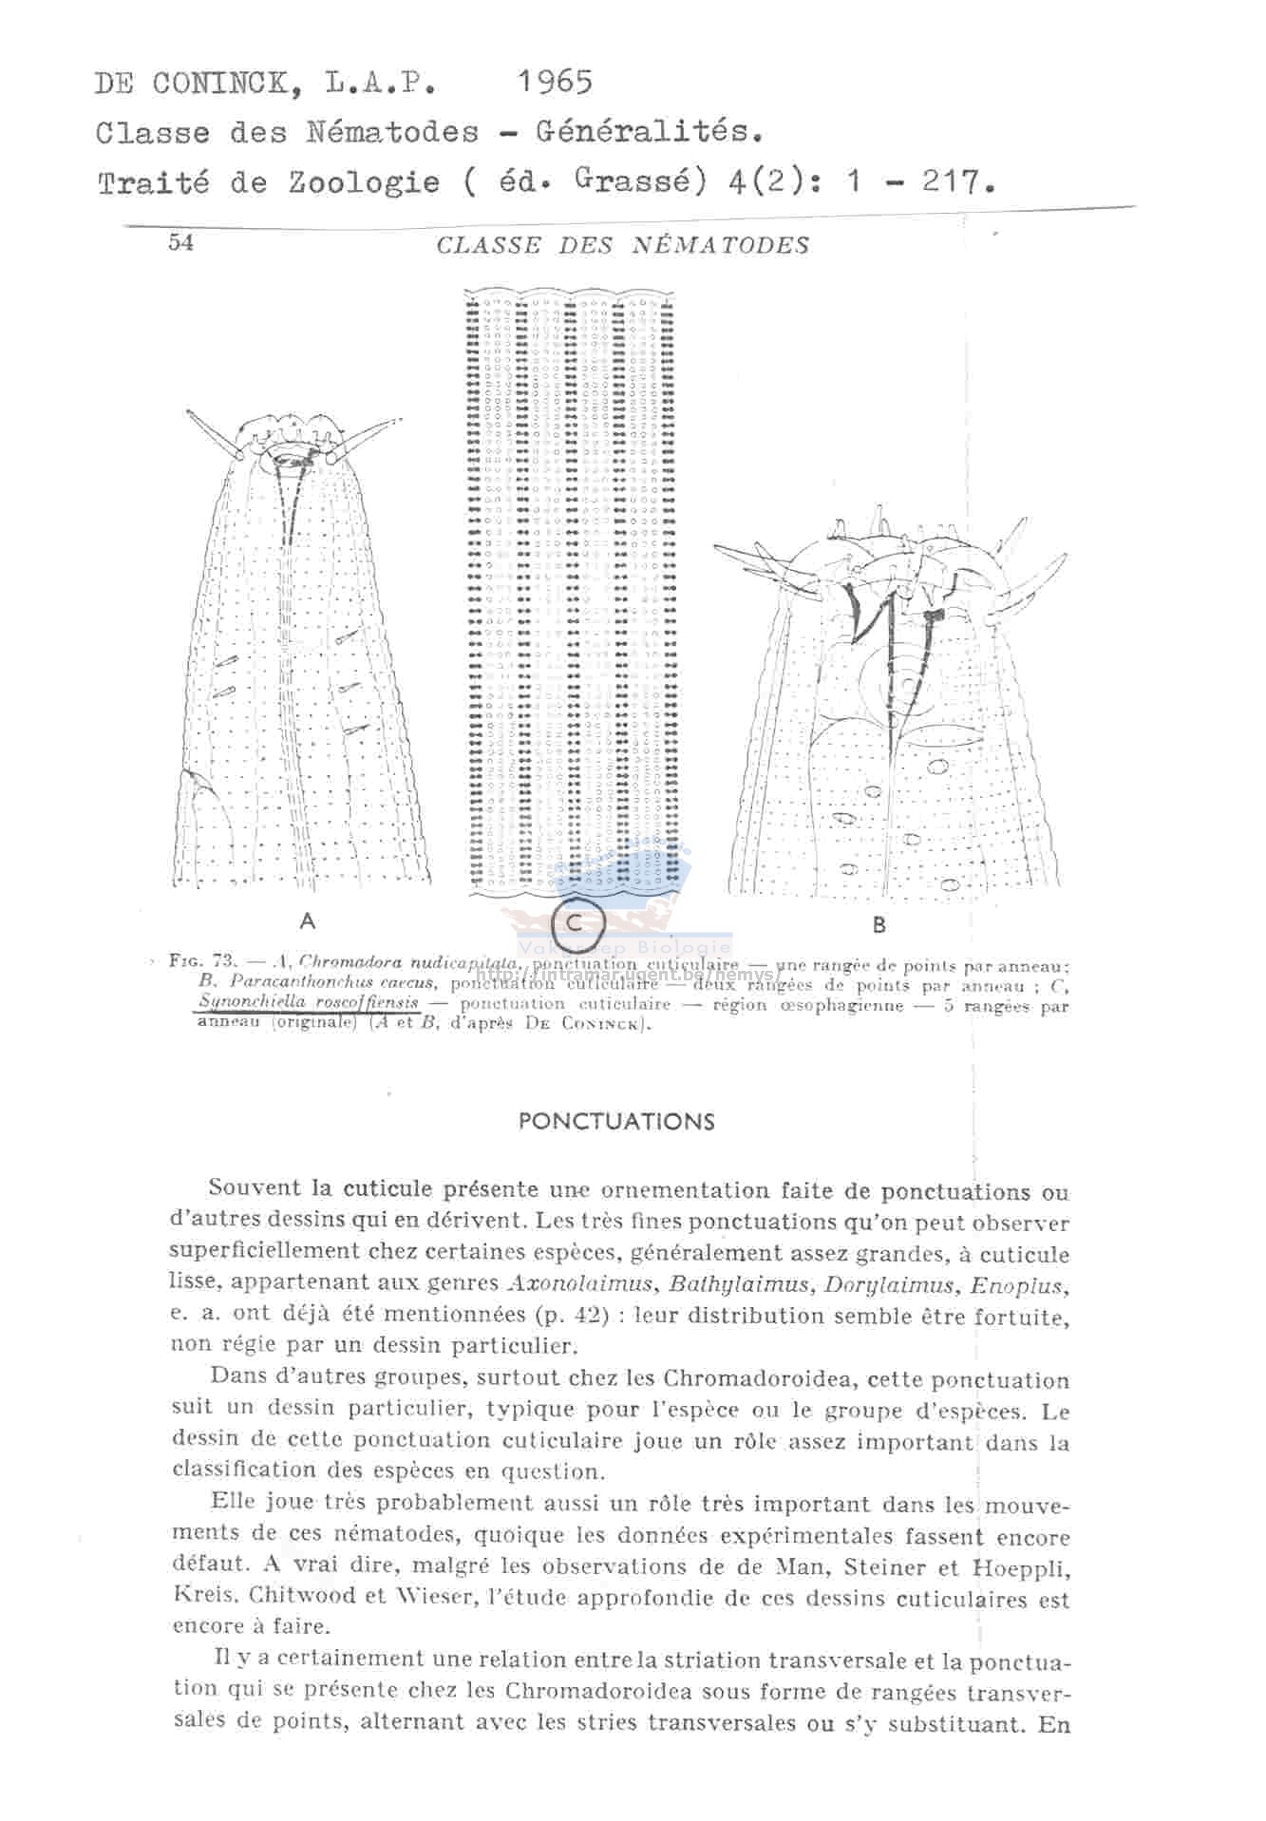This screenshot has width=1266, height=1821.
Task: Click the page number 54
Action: pos(180,242)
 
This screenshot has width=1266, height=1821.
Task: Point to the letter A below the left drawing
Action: pos(307,920)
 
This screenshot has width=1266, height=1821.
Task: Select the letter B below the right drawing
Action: pos(879,923)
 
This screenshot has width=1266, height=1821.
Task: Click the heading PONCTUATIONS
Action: pos(616,1121)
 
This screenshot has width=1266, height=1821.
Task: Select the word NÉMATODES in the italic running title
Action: pos(722,245)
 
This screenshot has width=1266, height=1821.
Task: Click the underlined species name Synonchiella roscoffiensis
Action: pos(309,1002)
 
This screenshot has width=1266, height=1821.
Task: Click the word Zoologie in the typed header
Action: pos(365,182)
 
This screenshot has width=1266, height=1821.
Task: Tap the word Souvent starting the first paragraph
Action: pos(254,1188)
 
